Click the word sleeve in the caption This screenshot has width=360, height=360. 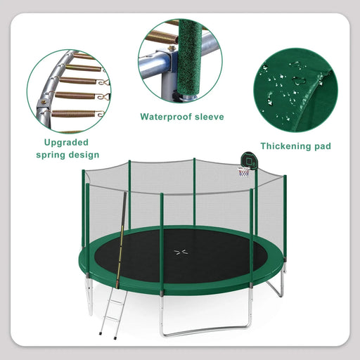click(209, 117)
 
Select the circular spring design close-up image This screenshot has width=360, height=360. click(68, 90)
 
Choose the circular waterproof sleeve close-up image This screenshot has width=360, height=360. click(180, 63)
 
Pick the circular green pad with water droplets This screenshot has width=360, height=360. click(295, 89)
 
